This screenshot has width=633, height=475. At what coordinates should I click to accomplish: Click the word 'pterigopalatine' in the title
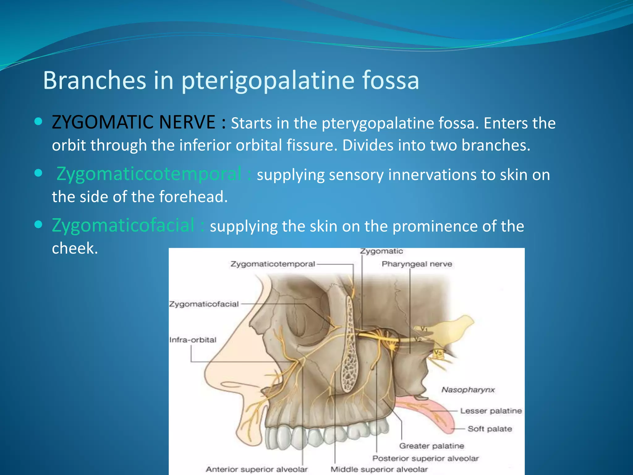click(x=268, y=80)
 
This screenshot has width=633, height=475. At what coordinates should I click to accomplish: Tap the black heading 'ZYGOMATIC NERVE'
click(x=134, y=122)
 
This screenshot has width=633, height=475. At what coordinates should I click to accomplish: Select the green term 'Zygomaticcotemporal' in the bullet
click(x=149, y=174)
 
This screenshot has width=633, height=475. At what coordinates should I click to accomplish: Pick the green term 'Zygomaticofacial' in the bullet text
click(x=123, y=225)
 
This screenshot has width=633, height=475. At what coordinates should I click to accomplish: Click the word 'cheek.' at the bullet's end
click(x=75, y=248)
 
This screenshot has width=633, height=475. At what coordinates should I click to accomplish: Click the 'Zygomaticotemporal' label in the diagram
click(x=273, y=264)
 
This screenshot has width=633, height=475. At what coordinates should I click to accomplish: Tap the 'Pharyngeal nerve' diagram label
click(x=417, y=264)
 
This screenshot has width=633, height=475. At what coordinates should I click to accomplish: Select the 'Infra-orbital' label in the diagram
click(x=193, y=340)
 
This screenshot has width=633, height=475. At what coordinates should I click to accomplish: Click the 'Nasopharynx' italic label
click(x=468, y=390)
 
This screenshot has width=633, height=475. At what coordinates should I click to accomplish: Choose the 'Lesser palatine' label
click(x=491, y=411)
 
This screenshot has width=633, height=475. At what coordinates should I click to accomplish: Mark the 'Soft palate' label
click(x=490, y=429)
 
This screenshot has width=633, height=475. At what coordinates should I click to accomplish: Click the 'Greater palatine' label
click(x=431, y=446)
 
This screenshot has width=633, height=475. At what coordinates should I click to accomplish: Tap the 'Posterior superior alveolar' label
click(x=425, y=458)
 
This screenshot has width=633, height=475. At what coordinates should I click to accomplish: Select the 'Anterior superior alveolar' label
click(x=257, y=469)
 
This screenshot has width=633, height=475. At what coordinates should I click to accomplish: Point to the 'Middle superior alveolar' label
click(x=379, y=469)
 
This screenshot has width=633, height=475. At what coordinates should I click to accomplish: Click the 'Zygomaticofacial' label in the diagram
click(x=204, y=304)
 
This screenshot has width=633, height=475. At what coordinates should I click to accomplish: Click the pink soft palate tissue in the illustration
click(x=439, y=414)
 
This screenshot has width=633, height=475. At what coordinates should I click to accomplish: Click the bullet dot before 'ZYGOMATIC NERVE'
click(x=38, y=122)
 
